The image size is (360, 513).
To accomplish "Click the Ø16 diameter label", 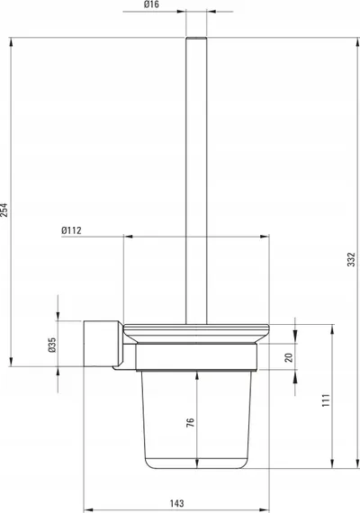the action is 151,4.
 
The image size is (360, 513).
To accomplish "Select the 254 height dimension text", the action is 4,210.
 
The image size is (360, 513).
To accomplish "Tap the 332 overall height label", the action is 351,259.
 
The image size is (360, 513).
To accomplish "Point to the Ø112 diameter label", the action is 71,230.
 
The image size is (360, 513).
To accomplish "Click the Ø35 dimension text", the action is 52,345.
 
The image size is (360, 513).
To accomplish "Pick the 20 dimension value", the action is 289,357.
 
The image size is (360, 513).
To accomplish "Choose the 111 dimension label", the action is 326,400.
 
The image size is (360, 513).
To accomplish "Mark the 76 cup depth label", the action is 190,422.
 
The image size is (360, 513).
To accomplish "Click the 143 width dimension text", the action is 176,503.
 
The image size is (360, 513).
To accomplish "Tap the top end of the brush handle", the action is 196,38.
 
